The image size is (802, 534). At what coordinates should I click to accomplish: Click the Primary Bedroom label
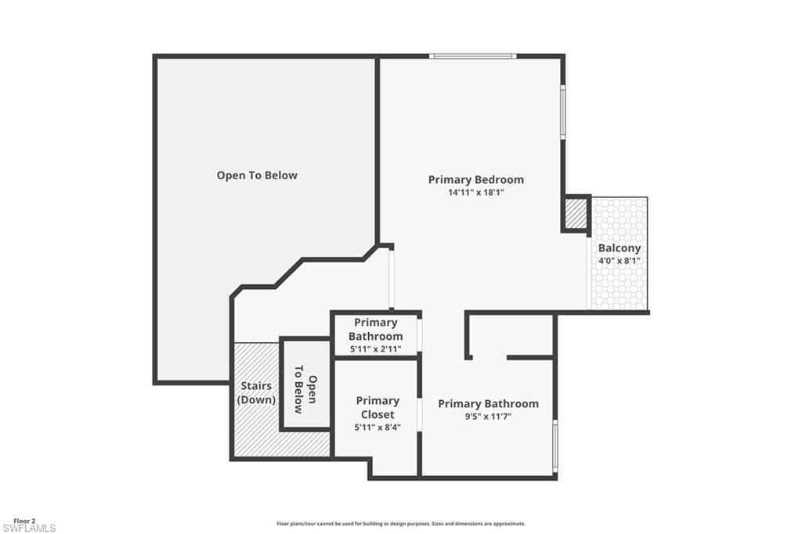475,179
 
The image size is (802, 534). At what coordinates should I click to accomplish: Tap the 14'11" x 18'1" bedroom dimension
475,192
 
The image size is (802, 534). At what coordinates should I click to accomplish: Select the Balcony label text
619,248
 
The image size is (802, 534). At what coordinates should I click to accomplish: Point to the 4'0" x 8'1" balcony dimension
619,261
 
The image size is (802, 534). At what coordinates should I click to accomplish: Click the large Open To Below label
257,175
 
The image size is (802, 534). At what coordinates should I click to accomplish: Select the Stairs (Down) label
256,392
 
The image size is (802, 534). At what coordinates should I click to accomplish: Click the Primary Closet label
378,407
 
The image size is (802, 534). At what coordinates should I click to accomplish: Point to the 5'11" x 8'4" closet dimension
378,427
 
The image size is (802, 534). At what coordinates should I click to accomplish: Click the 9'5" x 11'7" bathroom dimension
488,417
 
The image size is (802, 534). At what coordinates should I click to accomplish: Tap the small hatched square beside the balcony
576,214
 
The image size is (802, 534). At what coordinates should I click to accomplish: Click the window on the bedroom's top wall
472,56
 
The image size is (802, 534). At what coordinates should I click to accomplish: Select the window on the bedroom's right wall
562,112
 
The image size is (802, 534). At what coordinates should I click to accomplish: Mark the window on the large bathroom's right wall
555,446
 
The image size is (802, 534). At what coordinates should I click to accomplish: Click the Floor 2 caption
24,521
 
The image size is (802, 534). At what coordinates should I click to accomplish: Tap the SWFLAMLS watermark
28,529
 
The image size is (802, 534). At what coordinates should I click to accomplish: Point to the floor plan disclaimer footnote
400,524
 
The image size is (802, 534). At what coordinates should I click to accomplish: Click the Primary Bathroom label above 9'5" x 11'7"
488,404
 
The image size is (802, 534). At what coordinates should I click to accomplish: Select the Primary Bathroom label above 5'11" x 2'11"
376,329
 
